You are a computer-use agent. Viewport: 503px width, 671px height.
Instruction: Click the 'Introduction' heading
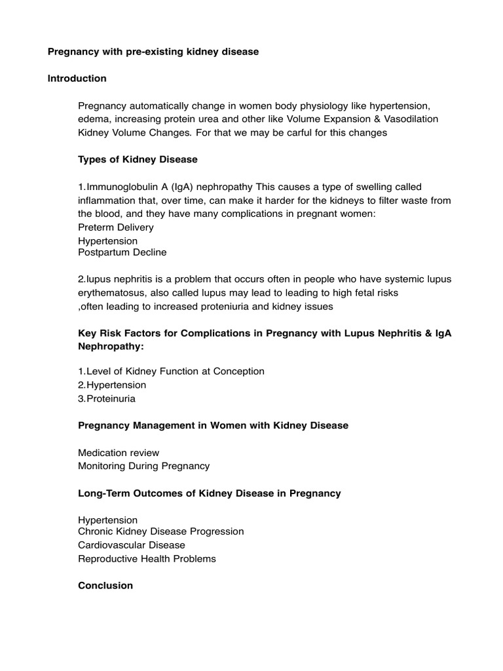click(77, 79)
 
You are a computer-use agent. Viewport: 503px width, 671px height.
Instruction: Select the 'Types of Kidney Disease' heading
click(138, 159)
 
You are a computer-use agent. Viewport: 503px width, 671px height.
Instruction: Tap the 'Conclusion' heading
click(105, 586)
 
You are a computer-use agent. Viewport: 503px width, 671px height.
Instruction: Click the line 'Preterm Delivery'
click(116, 227)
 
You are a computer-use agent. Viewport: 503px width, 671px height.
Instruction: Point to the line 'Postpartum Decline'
click(122, 252)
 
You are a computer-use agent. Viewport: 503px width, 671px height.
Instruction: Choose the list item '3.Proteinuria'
click(107, 398)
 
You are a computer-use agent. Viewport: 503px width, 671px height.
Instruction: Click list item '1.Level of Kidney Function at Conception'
click(171, 372)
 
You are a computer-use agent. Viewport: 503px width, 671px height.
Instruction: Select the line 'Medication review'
click(119, 453)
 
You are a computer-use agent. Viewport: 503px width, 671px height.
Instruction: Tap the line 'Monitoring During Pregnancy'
click(143, 466)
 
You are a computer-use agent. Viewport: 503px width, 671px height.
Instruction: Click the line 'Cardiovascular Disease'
click(132, 545)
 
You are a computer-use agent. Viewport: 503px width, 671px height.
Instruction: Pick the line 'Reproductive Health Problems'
click(147, 559)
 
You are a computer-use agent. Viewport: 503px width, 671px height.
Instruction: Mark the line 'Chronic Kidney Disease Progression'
click(160, 531)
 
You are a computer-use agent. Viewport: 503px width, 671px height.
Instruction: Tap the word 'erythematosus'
click(110, 293)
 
